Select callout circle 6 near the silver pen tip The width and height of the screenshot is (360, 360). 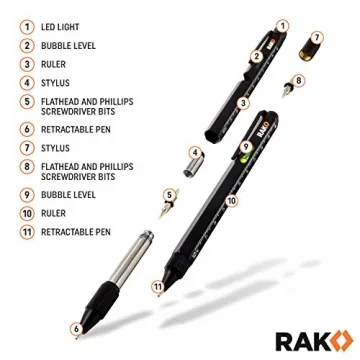75,326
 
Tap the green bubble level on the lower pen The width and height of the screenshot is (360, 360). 244,152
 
